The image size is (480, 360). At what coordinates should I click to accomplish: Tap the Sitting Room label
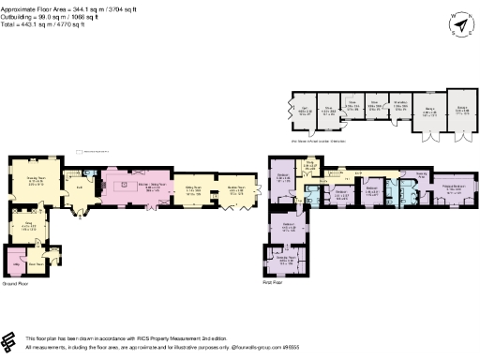coord(193,187)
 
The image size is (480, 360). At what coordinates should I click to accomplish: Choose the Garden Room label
coord(238,187)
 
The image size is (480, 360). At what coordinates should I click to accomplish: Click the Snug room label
coord(29,223)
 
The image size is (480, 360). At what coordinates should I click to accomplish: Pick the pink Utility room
coord(16,260)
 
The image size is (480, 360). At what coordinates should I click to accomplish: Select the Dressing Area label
coord(422,174)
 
